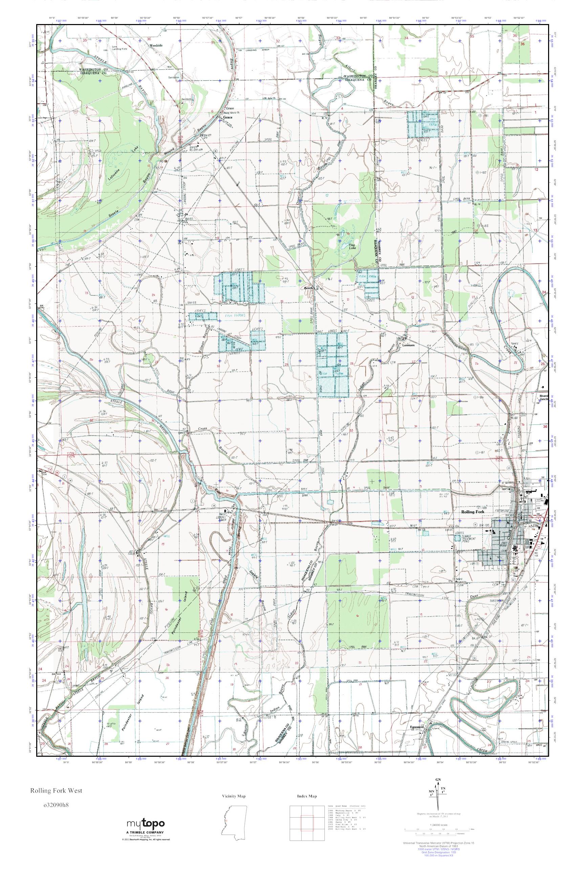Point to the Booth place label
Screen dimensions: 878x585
click(x=308, y=288)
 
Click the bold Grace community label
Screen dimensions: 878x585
click(x=227, y=117)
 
